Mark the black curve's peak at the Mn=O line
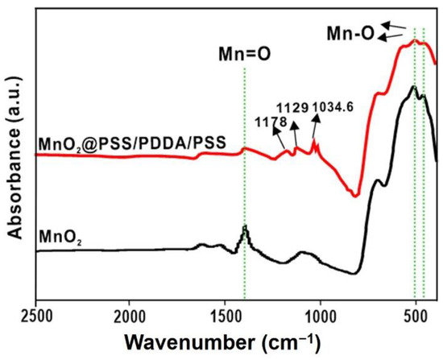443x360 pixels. pos(244,229)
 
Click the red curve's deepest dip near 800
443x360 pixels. pos(355,194)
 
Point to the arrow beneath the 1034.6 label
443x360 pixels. pos(317,127)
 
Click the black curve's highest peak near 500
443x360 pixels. pos(413,87)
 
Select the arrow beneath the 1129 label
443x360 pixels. pos(295,130)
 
